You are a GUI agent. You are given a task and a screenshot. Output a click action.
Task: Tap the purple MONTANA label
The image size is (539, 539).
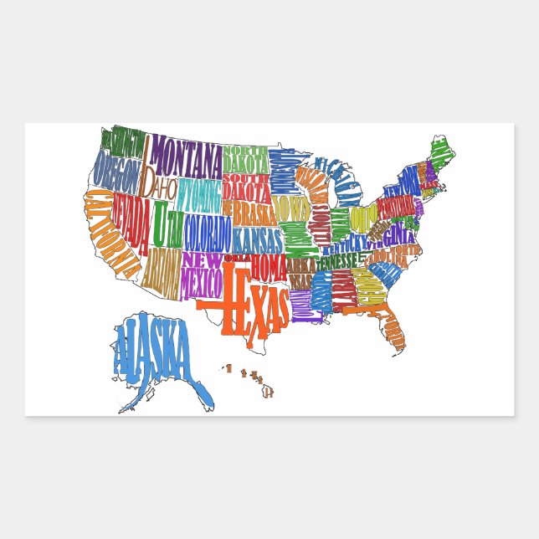coord(187,155)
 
